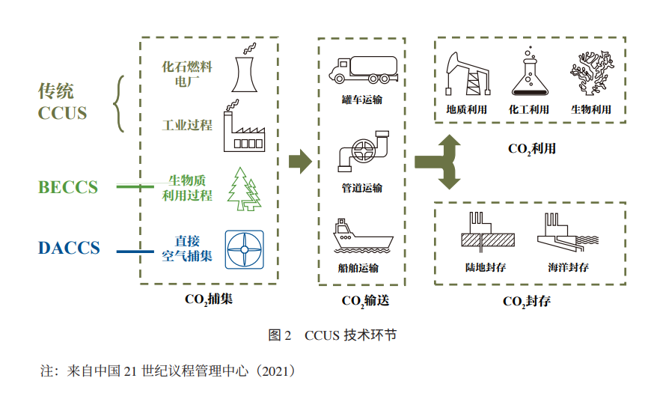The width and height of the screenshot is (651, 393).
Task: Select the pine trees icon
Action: pyautogui.click(x=244, y=188)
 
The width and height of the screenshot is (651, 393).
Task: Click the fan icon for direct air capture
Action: pyautogui.click(x=244, y=248)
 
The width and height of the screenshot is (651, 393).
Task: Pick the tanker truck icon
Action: pyautogui.click(x=360, y=69)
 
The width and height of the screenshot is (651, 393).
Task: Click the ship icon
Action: pyautogui.click(x=361, y=238)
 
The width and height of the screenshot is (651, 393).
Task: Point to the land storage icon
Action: pyautogui.click(x=487, y=234)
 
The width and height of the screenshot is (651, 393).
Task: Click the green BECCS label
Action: pyautogui.click(x=68, y=187)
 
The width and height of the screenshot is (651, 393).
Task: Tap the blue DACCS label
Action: pyautogui.click(x=69, y=248)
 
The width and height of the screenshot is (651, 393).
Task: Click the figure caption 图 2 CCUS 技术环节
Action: pyautogui.click(x=332, y=335)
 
